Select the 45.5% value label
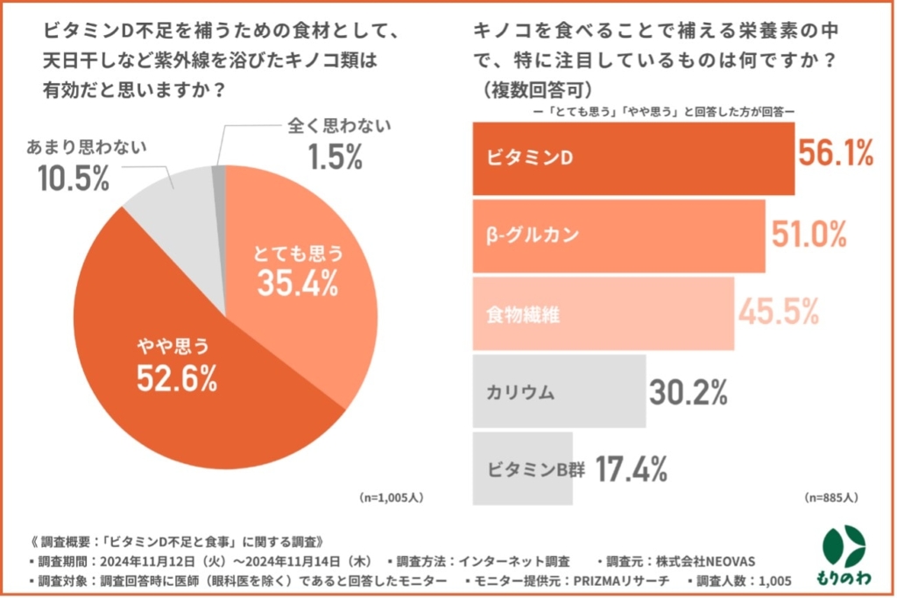779,311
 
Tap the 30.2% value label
689,392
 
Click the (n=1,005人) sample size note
392,497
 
